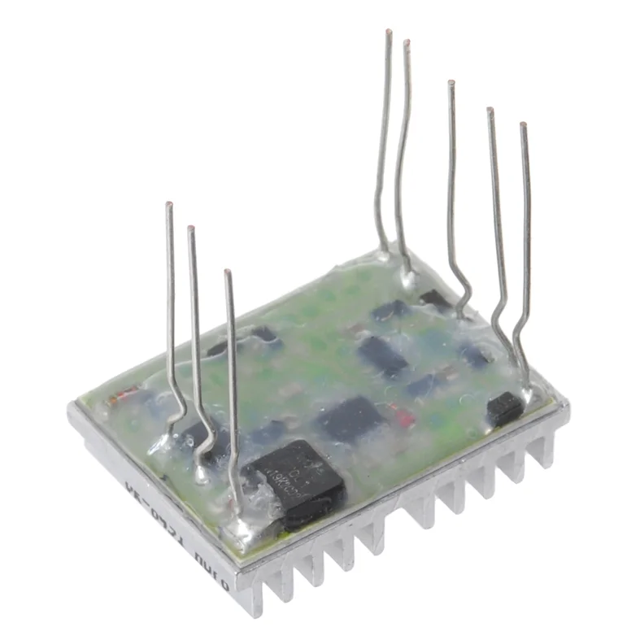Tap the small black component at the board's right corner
tap(504, 409)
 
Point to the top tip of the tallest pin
tap(389, 33)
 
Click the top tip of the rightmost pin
tap(523, 125)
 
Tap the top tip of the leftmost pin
tap(168, 205)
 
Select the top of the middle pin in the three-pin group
tap(191, 229)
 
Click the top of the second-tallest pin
tap(406, 42)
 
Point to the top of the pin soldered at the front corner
tap(228, 272)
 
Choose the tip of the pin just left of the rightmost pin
tap(490, 110)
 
